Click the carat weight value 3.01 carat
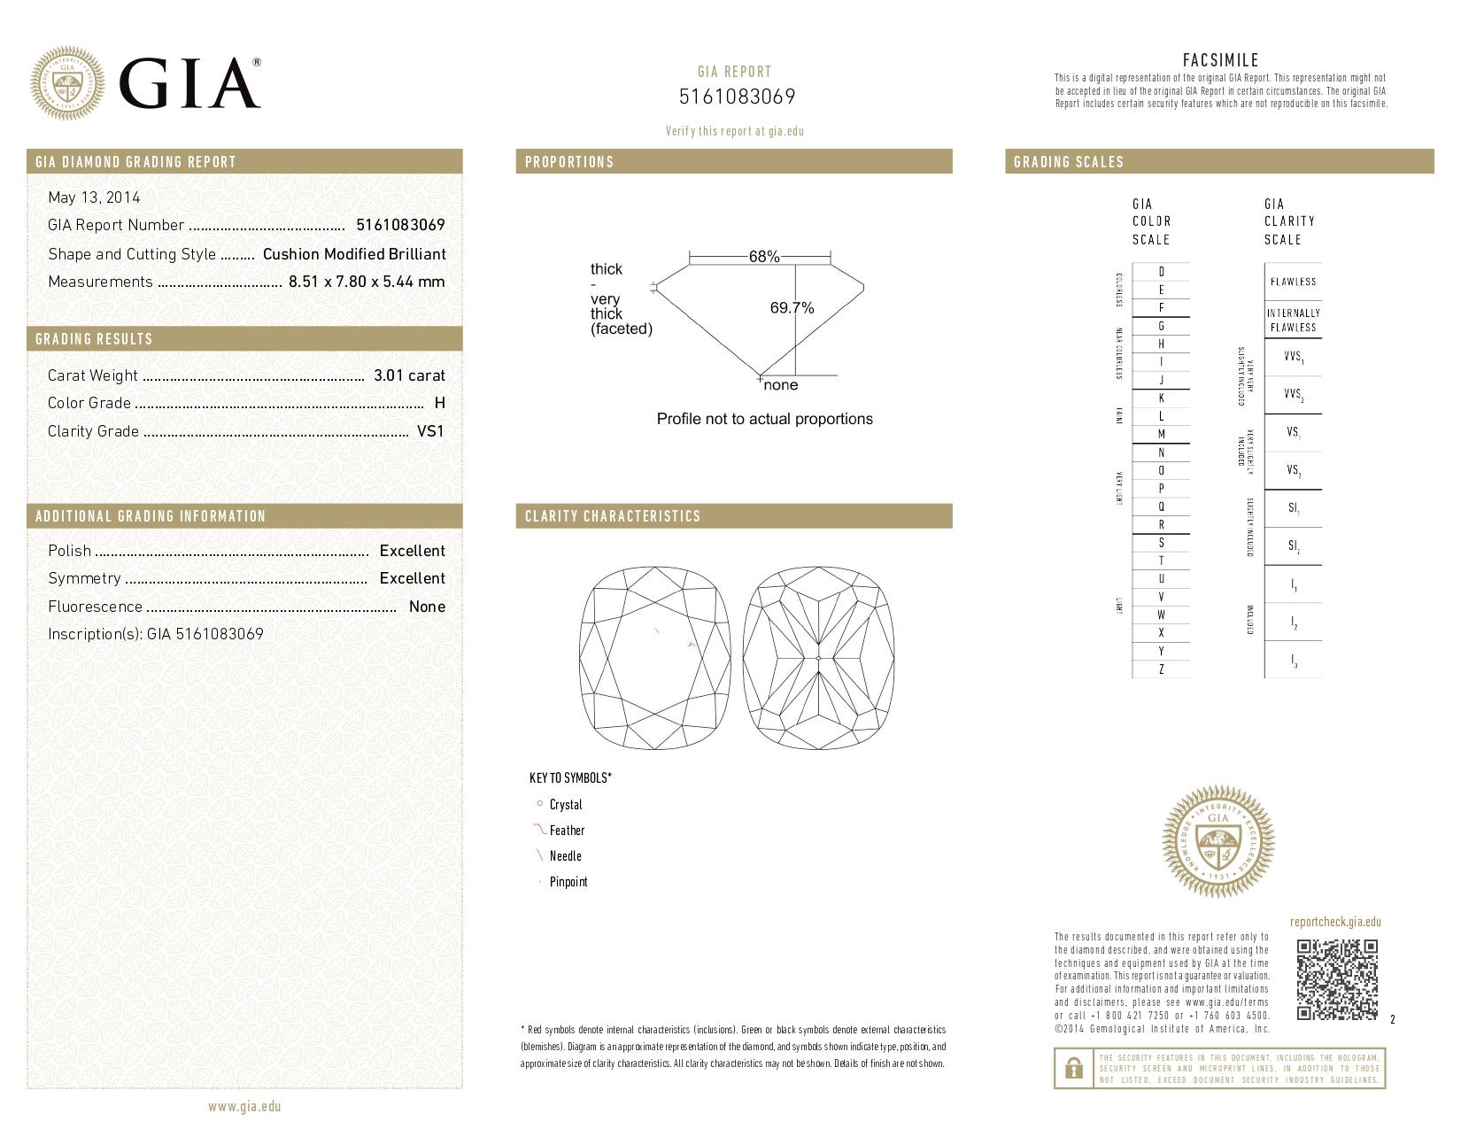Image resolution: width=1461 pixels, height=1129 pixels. point(409,375)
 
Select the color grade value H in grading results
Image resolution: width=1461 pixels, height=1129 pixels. point(440,403)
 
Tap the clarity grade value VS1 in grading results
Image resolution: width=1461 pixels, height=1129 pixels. point(430,431)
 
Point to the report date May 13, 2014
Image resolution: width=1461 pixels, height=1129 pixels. point(94,197)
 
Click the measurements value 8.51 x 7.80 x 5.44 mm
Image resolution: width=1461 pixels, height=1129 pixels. point(367,282)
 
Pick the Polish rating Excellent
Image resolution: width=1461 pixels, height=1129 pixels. point(412,551)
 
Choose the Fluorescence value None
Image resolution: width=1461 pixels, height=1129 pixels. point(427,607)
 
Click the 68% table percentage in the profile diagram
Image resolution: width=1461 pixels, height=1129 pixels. point(764,257)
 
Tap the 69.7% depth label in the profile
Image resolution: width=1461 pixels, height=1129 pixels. point(792,308)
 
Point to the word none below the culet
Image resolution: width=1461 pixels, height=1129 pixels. point(780,385)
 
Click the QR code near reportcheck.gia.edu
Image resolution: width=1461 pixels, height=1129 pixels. point(1337,979)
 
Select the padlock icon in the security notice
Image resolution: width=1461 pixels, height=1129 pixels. point(1073,1069)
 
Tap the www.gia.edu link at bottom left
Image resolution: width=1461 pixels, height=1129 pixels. point(244,1106)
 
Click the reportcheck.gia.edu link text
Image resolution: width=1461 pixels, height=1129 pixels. point(1335,922)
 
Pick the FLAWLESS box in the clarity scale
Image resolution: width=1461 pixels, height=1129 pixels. point(1293,282)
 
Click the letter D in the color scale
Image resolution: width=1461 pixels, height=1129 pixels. point(1161,272)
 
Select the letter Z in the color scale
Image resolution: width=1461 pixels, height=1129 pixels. point(1161,669)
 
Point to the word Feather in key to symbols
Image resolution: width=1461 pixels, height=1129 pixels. point(567,831)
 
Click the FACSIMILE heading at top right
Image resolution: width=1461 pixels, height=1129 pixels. point(1220,60)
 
